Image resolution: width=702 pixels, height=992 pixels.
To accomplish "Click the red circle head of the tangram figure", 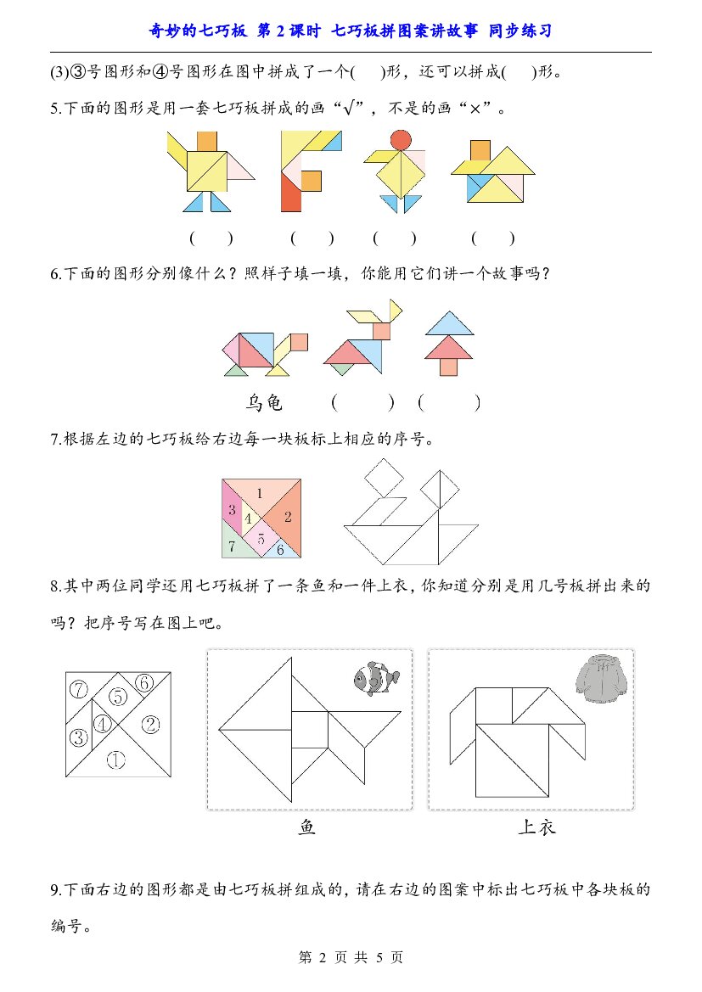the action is click(x=401, y=141).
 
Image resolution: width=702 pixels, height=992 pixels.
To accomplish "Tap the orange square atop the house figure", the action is click(x=480, y=150).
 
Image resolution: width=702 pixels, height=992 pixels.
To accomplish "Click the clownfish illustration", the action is click(x=376, y=678).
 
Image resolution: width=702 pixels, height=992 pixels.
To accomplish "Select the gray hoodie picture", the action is click(x=602, y=678).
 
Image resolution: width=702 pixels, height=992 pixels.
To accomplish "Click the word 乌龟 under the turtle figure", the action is click(x=264, y=402).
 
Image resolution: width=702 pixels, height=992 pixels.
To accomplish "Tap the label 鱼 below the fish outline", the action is click(x=307, y=827).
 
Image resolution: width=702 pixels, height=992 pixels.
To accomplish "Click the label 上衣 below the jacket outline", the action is click(x=536, y=827).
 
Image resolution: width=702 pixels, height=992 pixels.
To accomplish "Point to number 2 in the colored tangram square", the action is click(x=288, y=517).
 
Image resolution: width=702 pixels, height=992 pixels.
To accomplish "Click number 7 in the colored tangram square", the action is click(x=232, y=546).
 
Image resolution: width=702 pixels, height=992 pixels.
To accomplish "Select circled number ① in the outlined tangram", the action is click(x=115, y=759).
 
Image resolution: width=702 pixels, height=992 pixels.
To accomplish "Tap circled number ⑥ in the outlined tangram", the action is click(x=144, y=683).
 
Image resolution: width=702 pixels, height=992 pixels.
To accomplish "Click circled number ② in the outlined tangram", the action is click(x=150, y=725).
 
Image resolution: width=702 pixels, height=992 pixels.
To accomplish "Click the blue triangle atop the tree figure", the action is click(x=449, y=325).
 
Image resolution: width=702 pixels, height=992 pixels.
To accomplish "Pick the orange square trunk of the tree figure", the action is click(x=449, y=367).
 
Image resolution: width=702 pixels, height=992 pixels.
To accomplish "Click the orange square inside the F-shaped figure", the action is click(x=311, y=180).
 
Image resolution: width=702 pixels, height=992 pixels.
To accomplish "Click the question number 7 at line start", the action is click(x=56, y=440).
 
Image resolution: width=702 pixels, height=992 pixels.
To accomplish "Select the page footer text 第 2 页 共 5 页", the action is click(x=351, y=957).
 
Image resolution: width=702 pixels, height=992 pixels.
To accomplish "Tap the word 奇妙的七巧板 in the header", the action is click(x=198, y=31).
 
